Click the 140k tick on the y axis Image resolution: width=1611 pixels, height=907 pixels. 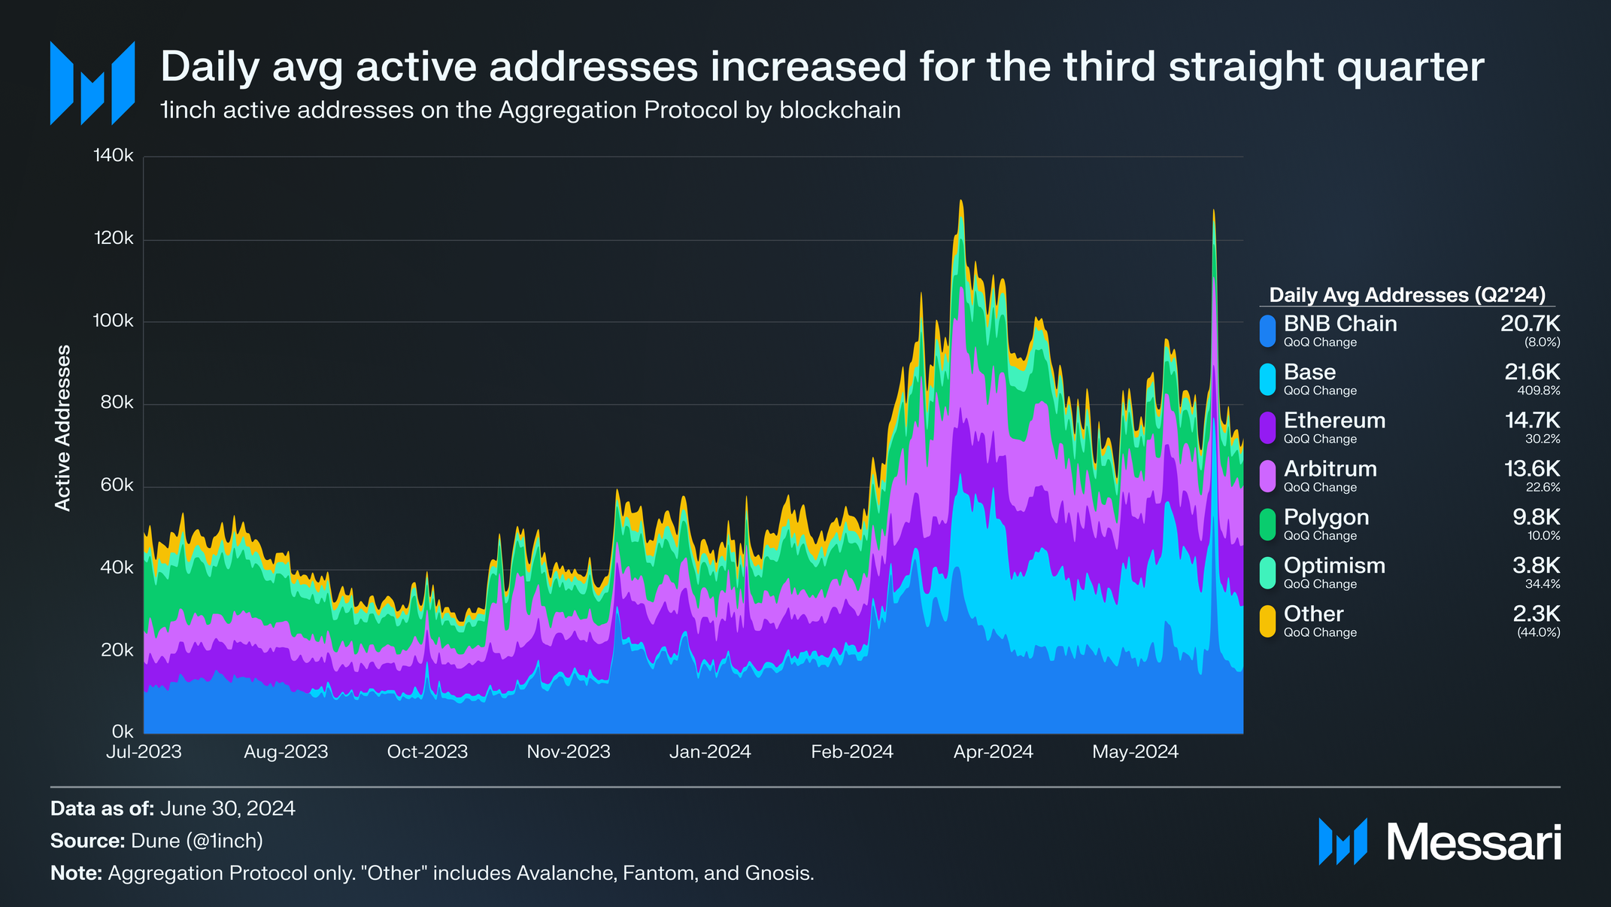click(114, 156)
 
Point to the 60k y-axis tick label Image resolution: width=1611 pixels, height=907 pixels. click(117, 485)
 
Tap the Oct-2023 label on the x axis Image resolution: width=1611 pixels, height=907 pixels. click(427, 752)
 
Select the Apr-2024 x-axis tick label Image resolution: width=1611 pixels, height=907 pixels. click(994, 752)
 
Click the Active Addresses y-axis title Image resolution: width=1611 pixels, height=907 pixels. click(63, 428)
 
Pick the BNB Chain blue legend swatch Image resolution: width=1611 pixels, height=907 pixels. click(1268, 331)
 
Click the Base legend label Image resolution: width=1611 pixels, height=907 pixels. click(1310, 372)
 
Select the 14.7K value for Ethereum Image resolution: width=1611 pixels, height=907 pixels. click(1532, 420)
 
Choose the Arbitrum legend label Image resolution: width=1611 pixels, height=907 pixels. click(1330, 468)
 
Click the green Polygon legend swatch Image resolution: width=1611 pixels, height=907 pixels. click(1268, 525)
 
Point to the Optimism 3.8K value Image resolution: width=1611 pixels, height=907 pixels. click(1537, 565)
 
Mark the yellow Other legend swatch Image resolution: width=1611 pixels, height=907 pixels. click(1268, 621)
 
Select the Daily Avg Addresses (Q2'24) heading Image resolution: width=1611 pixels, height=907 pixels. click(1407, 295)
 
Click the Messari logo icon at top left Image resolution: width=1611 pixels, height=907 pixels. click(93, 83)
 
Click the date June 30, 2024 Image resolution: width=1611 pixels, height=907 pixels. click(228, 808)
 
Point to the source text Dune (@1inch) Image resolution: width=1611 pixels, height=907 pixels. click(197, 841)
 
